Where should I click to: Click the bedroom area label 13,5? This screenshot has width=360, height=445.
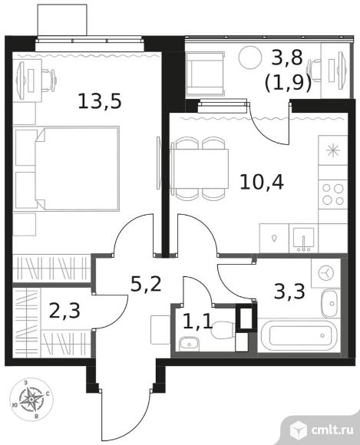pos(100,101)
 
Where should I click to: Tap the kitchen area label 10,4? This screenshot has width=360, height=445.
pos(262,182)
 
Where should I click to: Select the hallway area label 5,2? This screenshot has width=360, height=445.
pos(146,284)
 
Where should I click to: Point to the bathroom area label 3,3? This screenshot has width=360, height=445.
pos(289,292)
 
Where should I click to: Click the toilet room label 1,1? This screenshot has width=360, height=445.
pos(198,321)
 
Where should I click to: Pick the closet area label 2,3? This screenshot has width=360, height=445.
pos(64,311)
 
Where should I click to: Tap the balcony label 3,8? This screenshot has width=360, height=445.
pos(286,58)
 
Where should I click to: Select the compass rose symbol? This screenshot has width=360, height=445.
pos(31,400)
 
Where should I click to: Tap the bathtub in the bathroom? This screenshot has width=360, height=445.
pos(299,335)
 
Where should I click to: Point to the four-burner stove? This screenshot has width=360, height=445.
pos(333,195)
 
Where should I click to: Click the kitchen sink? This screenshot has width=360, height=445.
pos(303,239)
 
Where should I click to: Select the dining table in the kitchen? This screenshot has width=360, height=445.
pos(200,169)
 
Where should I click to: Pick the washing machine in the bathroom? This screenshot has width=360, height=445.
pos(325,272)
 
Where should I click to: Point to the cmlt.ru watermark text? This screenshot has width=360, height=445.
pos(332,430)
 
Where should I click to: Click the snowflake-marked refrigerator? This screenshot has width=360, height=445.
pos(333,150)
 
